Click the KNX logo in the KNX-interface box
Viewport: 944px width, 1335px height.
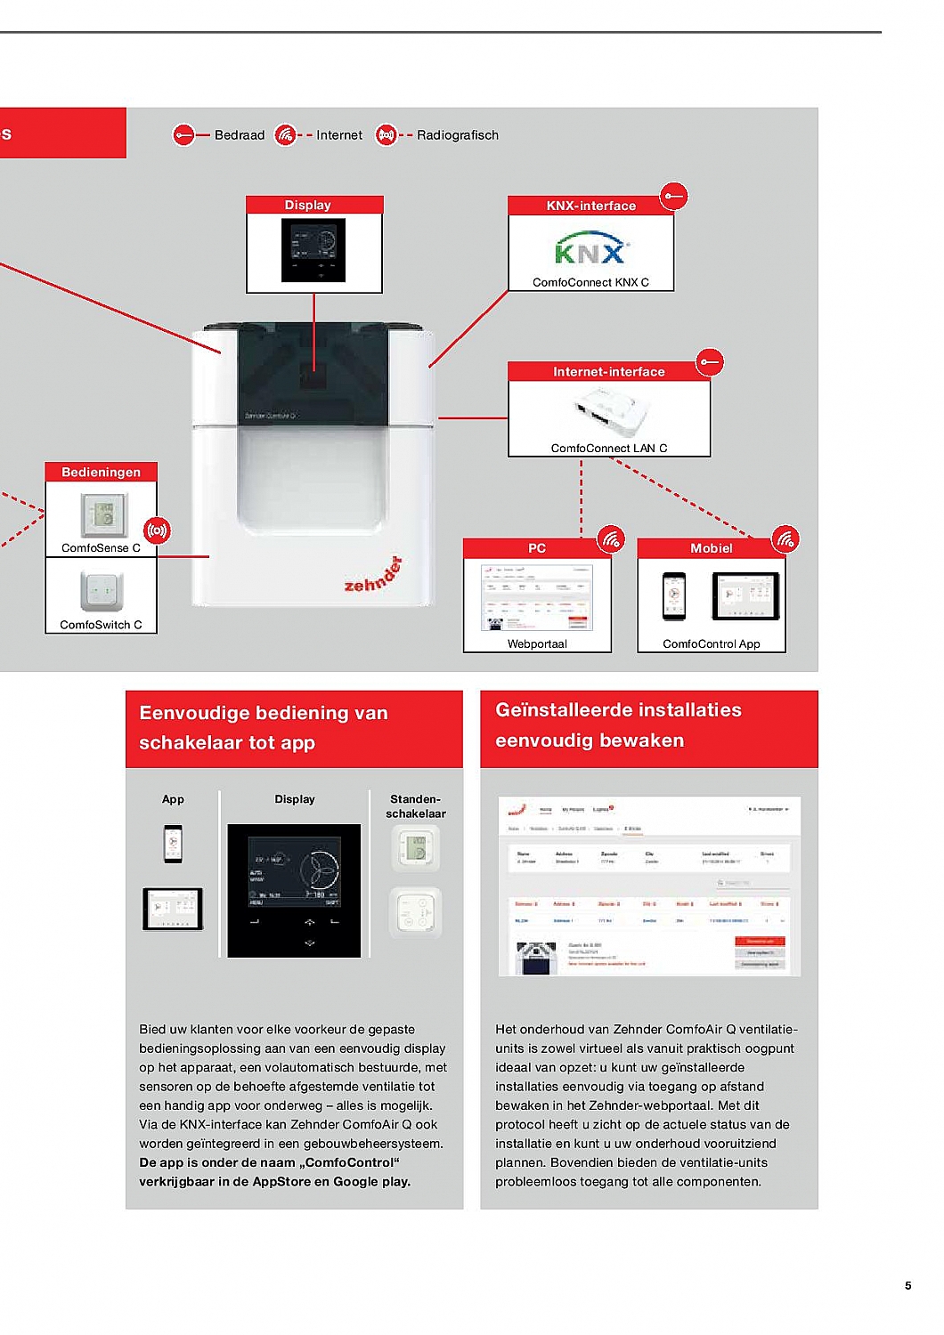[x=590, y=249]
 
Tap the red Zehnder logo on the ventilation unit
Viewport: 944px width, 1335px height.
[x=373, y=576]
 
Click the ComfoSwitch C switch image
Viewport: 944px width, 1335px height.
[x=101, y=591]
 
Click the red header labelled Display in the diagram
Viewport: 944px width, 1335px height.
[x=314, y=206]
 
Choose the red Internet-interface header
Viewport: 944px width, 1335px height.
[x=608, y=372]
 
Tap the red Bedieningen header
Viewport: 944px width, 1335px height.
[x=101, y=473]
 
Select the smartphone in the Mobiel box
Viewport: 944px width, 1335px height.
[x=674, y=595]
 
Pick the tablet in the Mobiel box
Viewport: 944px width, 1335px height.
[x=745, y=595]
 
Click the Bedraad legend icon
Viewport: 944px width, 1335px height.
[x=183, y=135]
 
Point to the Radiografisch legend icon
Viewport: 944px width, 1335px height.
[x=386, y=135]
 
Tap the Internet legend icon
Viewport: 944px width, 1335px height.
[x=285, y=135]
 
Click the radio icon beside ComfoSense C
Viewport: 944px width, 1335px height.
[x=157, y=531]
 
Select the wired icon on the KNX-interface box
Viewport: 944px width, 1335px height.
[x=674, y=196]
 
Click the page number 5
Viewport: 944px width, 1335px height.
[x=907, y=1285]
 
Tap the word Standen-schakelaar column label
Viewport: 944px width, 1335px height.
[x=415, y=806]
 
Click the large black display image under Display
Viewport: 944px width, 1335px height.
[x=294, y=891]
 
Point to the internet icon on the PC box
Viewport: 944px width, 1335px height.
[x=611, y=538]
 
